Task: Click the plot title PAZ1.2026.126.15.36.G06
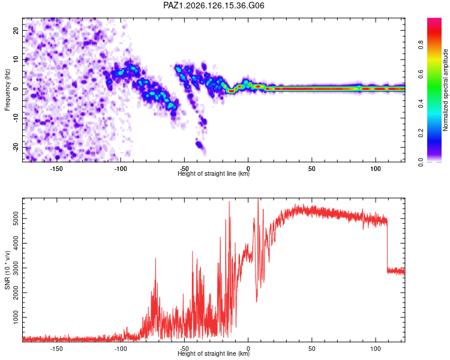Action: [x=214, y=5]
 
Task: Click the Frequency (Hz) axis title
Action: [x=7, y=90]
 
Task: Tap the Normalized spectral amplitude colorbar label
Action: [x=445, y=90]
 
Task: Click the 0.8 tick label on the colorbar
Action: [x=421, y=45]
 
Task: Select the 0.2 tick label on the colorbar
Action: [x=421, y=133]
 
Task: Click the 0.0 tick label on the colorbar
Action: [x=421, y=163]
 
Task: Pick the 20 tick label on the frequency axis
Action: [x=16, y=31]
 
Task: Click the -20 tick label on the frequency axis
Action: [x=16, y=148]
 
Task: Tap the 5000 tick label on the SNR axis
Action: [x=16, y=219]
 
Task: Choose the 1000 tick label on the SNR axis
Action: [x=16, y=317]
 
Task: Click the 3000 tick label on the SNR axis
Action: [x=16, y=268]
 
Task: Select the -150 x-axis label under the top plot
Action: [x=56, y=169]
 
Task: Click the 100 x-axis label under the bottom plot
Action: [x=376, y=349]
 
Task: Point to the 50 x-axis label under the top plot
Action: [x=311, y=169]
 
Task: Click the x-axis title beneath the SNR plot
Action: [x=214, y=353]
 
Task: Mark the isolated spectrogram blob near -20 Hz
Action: [x=199, y=145]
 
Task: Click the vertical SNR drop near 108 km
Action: [x=387, y=245]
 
